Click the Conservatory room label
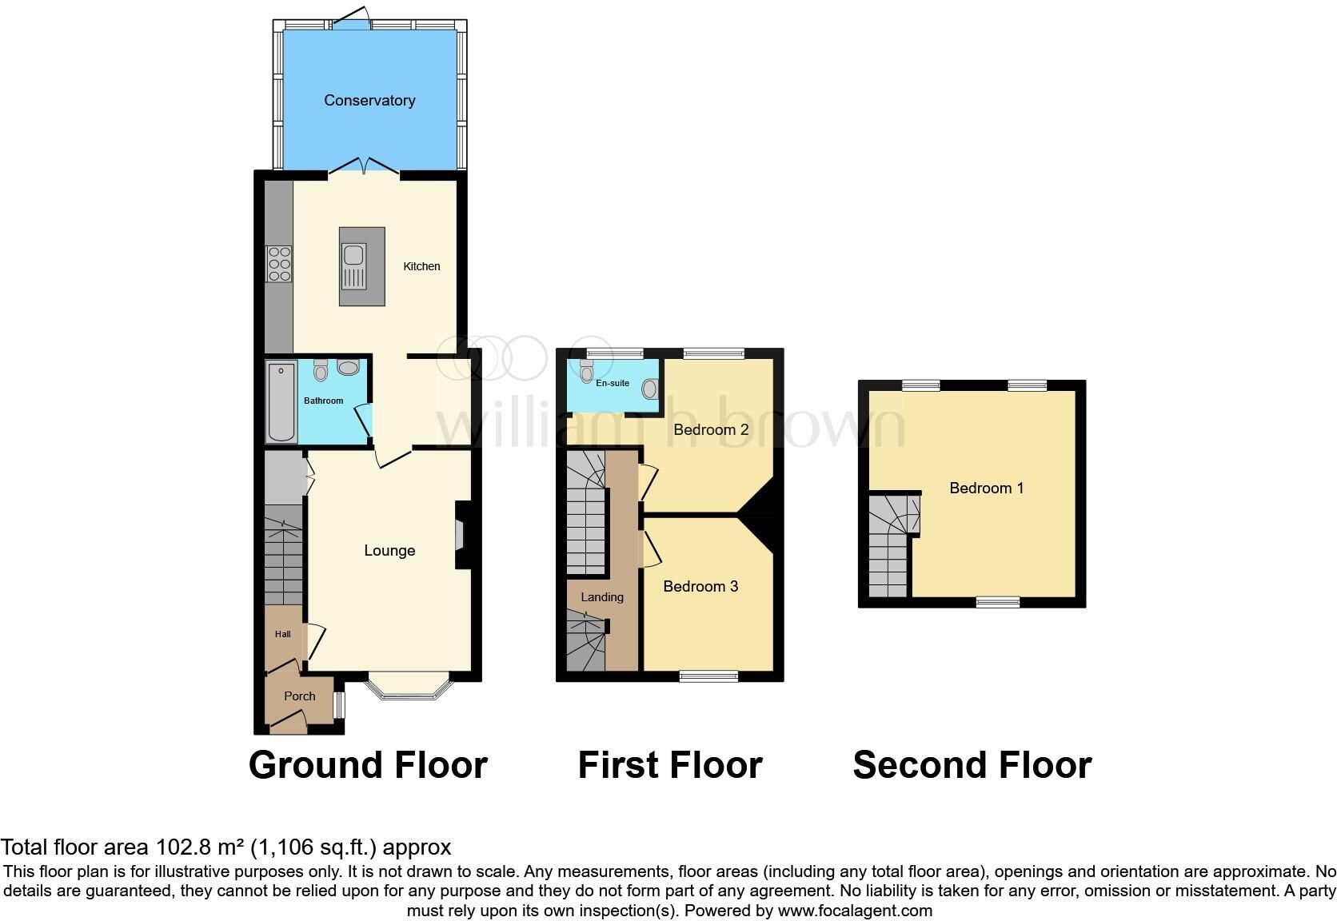[x=369, y=100]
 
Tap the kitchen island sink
[x=353, y=256]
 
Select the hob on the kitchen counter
[x=279, y=264]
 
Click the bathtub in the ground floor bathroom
[x=281, y=402]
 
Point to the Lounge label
[x=389, y=550]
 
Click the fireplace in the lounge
[x=461, y=535]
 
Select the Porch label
[x=300, y=696]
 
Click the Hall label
[x=282, y=634]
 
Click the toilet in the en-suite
[x=587, y=372]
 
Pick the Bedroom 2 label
[x=711, y=430]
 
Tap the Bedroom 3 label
[x=700, y=587]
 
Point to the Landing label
[x=602, y=597]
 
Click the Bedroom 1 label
[x=986, y=488]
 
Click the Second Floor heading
[x=972, y=765]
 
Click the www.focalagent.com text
[x=855, y=911]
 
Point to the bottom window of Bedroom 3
[x=708, y=676]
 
